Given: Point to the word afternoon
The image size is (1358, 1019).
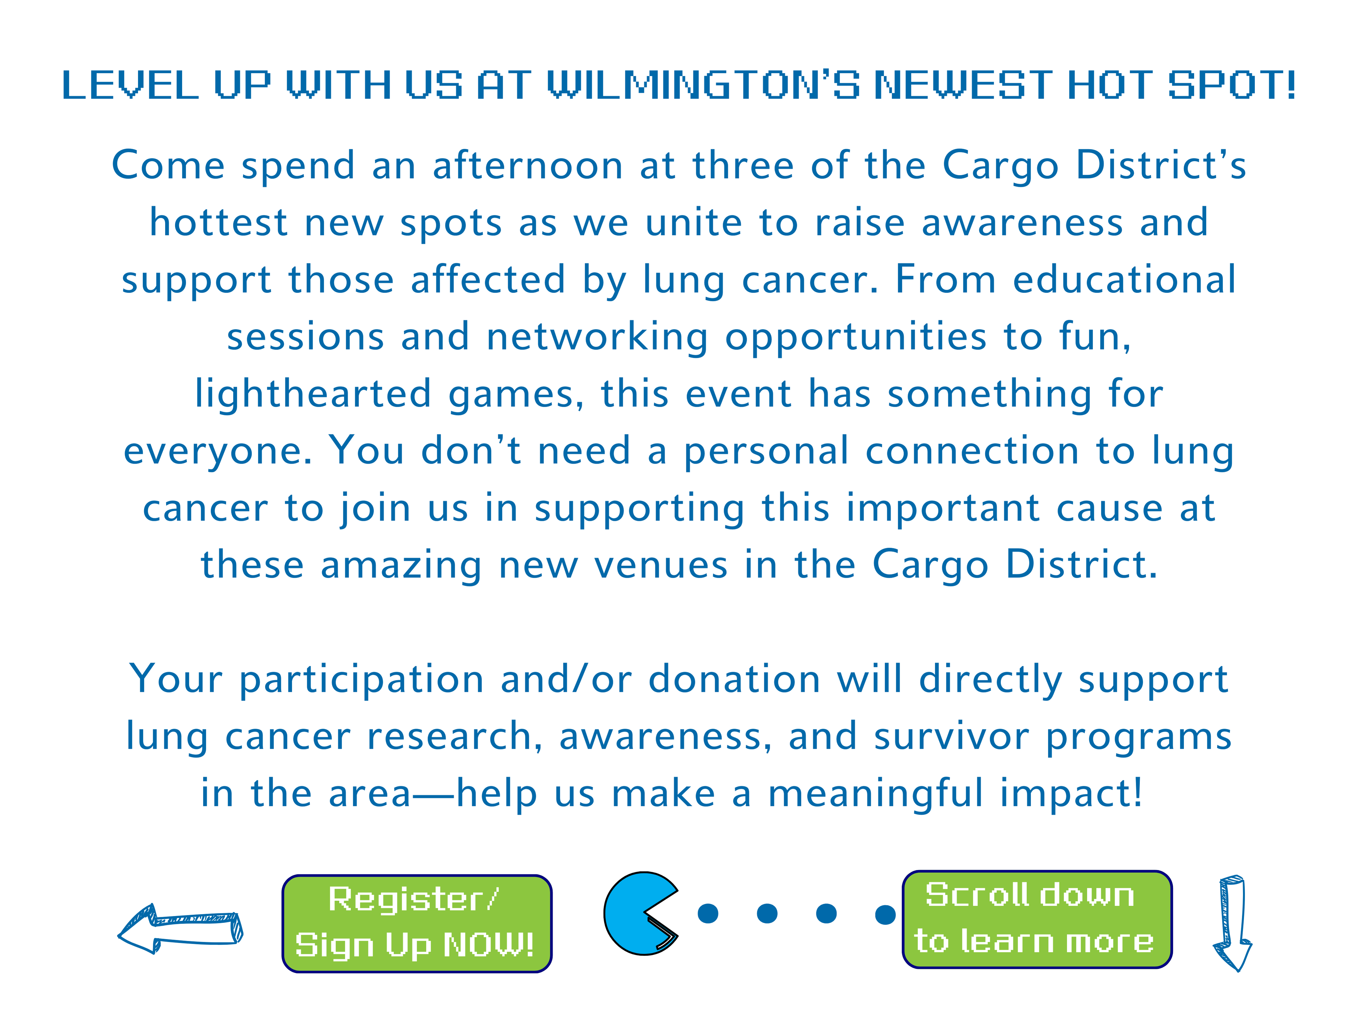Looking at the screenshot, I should [528, 166].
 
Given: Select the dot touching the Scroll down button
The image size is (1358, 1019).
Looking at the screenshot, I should [885, 914].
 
